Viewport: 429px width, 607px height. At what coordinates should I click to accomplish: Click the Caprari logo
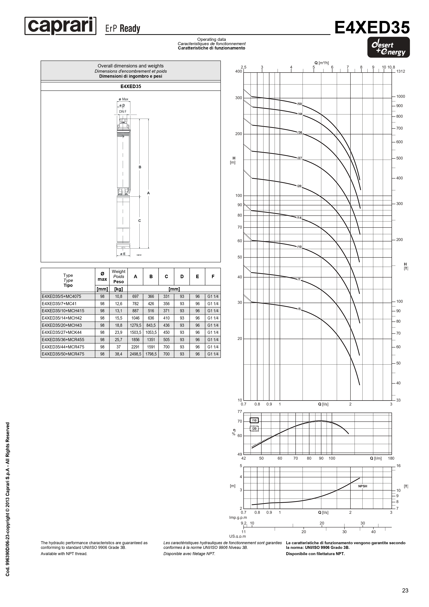60,26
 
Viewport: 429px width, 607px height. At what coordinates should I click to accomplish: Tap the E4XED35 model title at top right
372,28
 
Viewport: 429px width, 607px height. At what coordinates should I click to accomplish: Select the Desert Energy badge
388,47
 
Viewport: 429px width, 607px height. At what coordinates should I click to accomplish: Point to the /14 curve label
299,218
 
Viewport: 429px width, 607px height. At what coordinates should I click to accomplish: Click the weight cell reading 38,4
118,354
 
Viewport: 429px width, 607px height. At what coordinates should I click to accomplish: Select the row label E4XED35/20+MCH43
62,325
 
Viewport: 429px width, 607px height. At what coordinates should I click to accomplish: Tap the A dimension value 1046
135,318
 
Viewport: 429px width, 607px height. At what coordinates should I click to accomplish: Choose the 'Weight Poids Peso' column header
118,277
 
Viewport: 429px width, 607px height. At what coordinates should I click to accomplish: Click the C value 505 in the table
166,340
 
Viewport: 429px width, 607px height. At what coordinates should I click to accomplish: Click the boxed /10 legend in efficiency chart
254,420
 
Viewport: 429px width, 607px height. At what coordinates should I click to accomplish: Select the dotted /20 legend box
254,428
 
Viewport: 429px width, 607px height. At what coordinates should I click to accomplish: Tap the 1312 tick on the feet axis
400,71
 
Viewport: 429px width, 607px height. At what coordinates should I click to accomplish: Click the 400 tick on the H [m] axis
238,71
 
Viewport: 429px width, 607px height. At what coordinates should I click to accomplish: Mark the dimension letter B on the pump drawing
140,167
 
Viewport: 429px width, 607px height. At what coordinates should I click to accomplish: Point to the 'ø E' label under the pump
123,254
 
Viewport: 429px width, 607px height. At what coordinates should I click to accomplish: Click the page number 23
405,590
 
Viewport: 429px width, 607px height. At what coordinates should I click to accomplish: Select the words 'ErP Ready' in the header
123,28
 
